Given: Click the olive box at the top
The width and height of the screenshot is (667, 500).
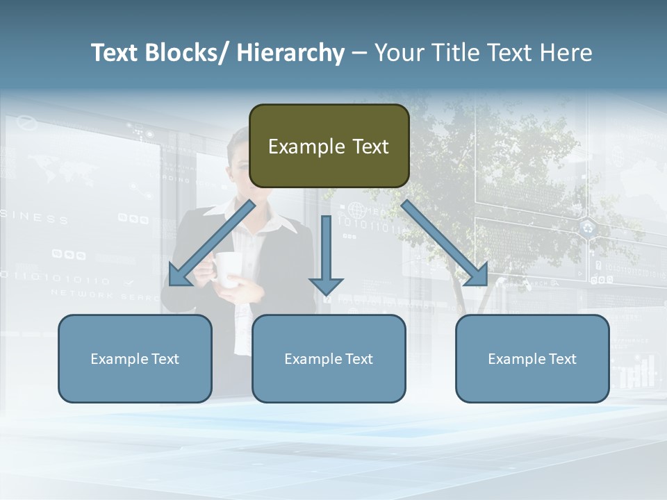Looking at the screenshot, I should pos(329,146).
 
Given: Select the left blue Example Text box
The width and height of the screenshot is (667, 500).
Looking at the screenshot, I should pos(135,358).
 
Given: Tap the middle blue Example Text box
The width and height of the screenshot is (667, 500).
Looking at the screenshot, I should pos(329,358).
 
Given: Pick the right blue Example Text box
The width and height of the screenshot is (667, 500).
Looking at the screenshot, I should pos(532,358).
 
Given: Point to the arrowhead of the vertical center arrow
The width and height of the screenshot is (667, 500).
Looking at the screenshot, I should pos(326,285).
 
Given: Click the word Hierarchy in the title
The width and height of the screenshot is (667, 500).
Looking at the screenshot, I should pos(290,53).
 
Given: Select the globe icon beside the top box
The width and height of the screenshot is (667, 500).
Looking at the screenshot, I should pos(356,208).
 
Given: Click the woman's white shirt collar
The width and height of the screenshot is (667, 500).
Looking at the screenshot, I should pos(278,221).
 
